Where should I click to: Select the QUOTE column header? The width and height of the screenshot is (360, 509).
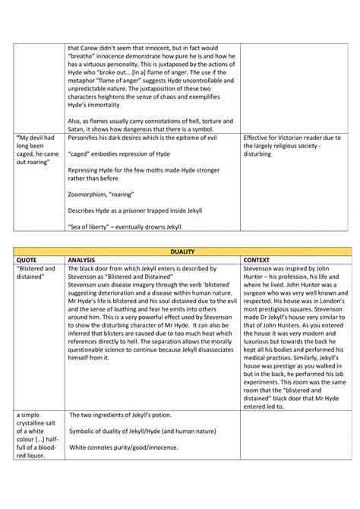pyautogui.click(x=29, y=258)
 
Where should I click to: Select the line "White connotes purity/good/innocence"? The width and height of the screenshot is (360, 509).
pyautogui.click(x=132, y=448)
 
